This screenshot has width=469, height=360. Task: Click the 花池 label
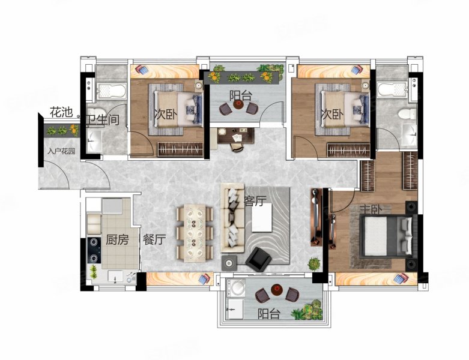(x=61, y=112)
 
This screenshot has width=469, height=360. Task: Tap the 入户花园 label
(x=61, y=151)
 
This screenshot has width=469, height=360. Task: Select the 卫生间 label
(x=103, y=120)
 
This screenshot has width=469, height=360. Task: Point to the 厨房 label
(x=117, y=239)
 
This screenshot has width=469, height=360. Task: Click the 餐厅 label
(x=154, y=239)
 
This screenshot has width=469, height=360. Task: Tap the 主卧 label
(x=371, y=209)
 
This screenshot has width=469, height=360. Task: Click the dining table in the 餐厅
(x=195, y=233)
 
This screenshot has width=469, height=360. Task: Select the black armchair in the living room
(x=258, y=257)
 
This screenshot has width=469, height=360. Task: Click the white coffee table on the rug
(x=262, y=217)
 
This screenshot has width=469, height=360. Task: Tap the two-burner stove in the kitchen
(x=94, y=250)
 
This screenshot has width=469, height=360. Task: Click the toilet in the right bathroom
(x=407, y=114)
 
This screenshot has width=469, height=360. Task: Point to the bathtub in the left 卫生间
(x=111, y=91)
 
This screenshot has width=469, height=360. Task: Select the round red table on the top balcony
(x=238, y=104)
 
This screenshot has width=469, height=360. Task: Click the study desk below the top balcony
(x=235, y=136)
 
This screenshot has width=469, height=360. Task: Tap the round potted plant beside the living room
(x=314, y=263)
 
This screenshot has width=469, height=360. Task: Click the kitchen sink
(x=115, y=277)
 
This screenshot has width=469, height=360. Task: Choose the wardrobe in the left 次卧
(x=180, y=149)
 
